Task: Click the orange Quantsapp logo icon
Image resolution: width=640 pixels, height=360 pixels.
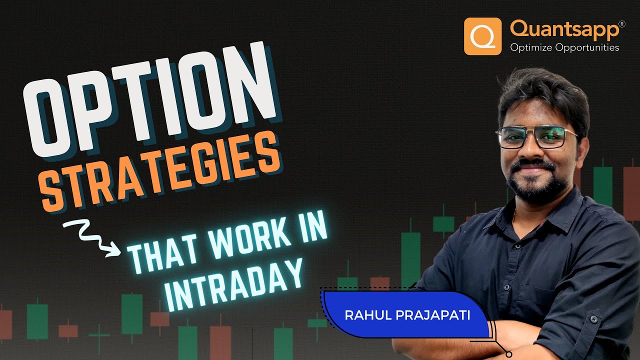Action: click(482, 36)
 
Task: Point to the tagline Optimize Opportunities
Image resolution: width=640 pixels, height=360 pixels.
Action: click(564, 48)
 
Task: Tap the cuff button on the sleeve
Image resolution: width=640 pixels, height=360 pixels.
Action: click(594, 318)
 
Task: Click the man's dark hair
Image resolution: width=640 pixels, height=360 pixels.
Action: click(542, 95)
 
